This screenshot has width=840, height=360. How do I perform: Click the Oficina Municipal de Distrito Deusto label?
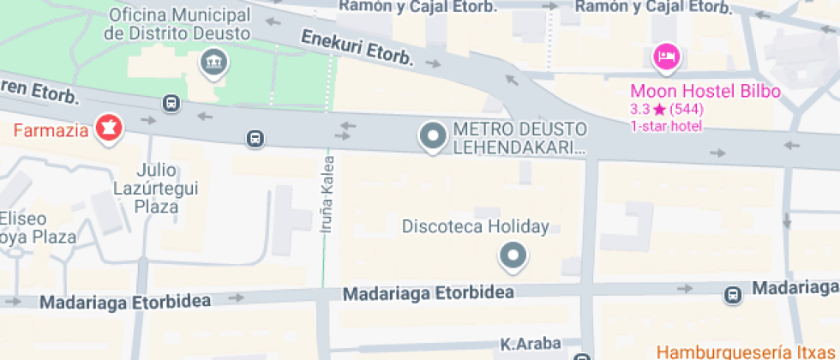coord(177,25)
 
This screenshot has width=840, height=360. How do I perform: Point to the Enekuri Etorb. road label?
coord(357,47)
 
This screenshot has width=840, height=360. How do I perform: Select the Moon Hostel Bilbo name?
coord(705,92)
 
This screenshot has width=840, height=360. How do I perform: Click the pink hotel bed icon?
coord(666,57)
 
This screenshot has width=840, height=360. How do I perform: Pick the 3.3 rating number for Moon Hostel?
coord(639,110)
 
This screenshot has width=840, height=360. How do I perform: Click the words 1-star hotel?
coord(666,126)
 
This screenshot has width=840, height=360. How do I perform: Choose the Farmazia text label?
coord(51,130)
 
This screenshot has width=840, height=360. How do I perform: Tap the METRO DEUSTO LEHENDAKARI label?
coord(520,138)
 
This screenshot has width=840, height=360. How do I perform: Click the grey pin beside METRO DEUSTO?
coord(432,136)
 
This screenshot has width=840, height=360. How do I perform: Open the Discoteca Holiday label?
coord(476,227)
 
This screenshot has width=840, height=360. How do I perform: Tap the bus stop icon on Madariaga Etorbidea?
coord(733,295)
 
